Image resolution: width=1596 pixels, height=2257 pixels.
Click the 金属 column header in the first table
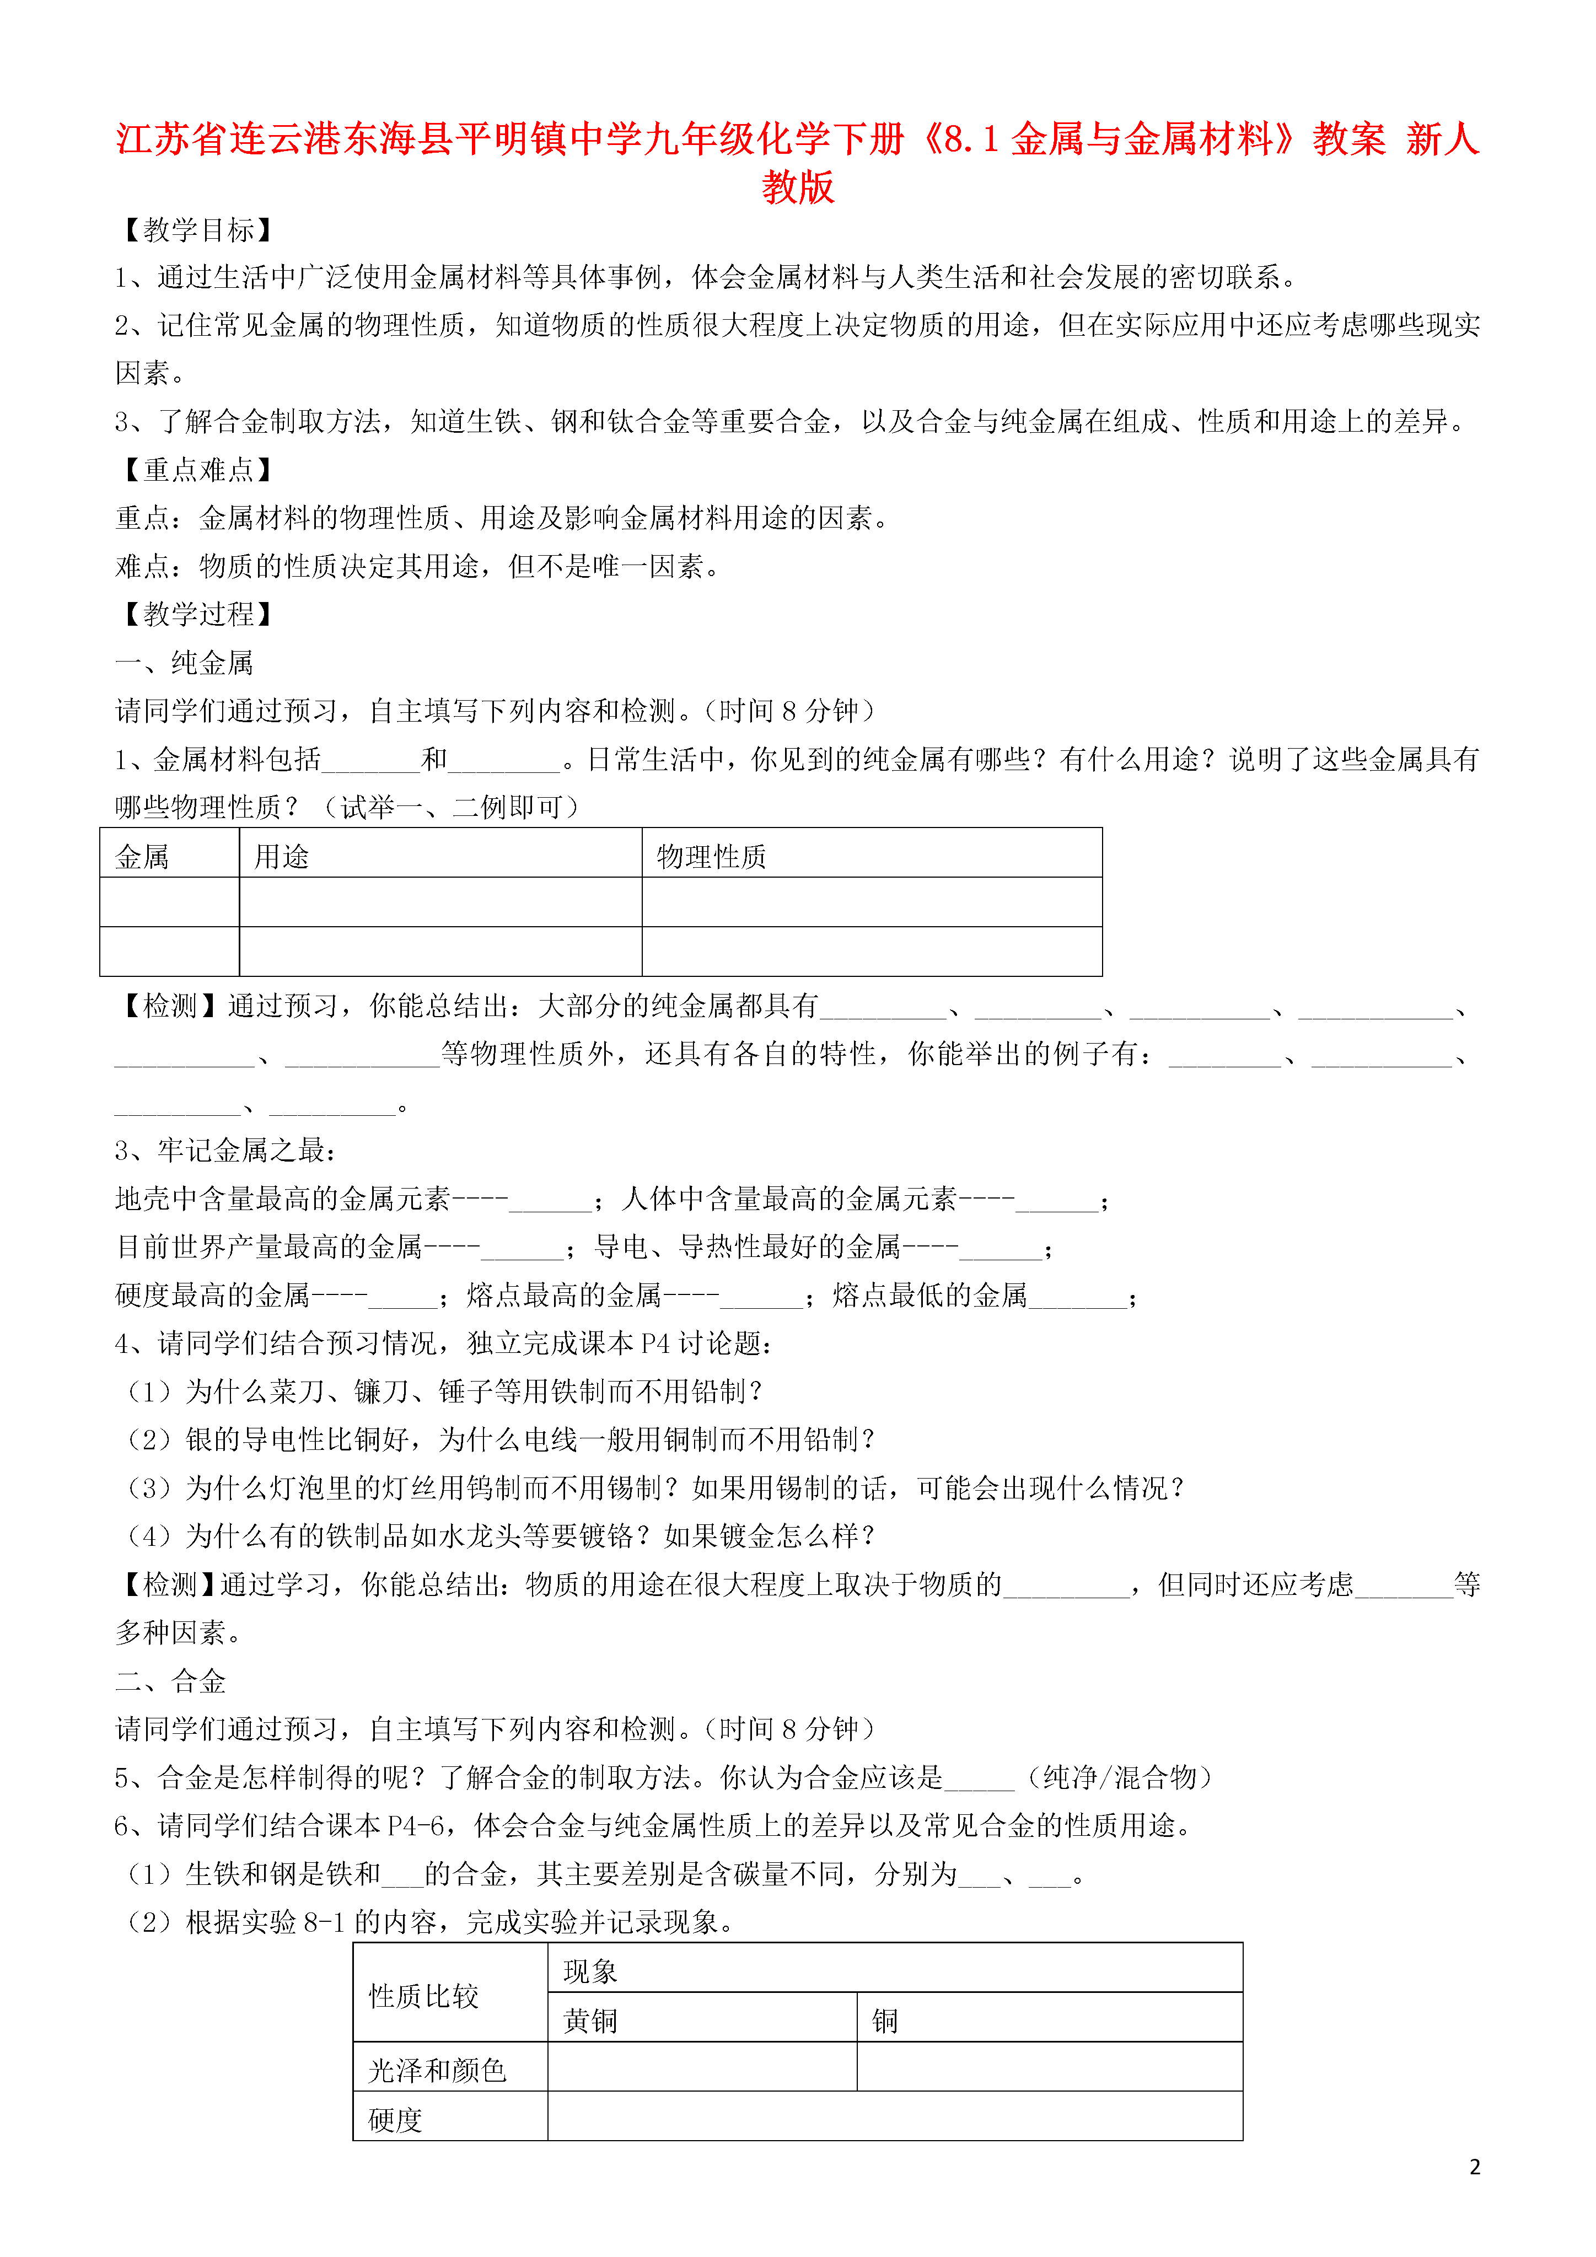click(x=142, y=857)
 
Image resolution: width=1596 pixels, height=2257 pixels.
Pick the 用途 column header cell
click(x=282, y=857)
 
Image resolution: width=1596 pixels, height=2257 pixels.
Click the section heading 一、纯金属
click(x=184, y=663)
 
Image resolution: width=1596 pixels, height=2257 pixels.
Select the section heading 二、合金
click(x=170, y=1681)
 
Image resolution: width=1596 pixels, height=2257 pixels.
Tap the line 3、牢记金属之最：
click(x=226, y=1150)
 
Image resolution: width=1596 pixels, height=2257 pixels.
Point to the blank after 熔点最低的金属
click(x=1078, y=1298)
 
